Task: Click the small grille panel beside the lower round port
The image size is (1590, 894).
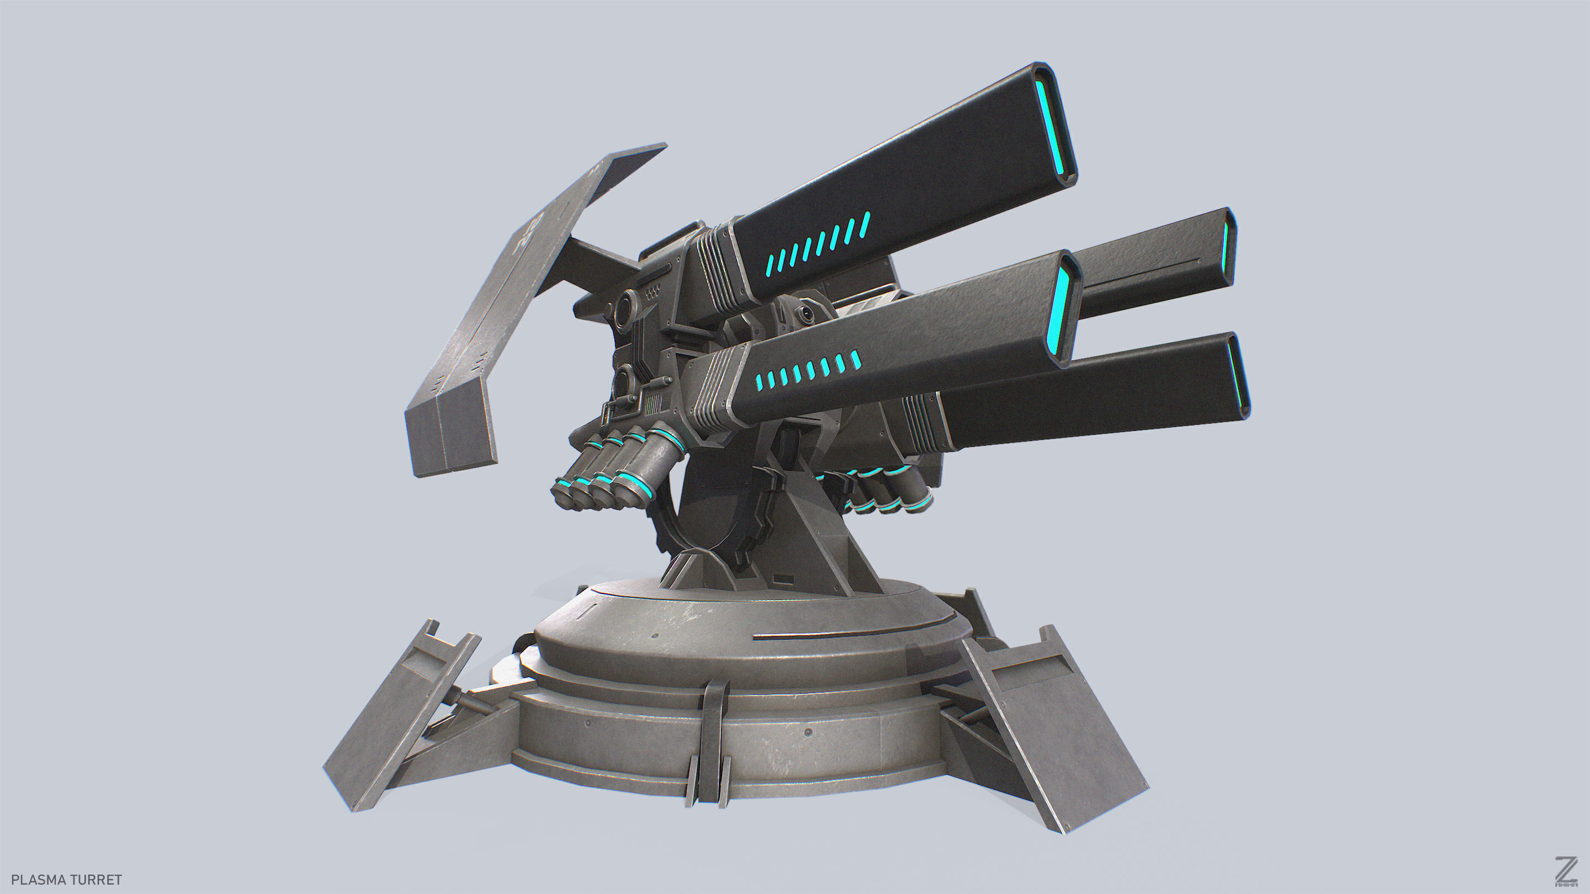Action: pyautogui.click(x=655, y=403)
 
